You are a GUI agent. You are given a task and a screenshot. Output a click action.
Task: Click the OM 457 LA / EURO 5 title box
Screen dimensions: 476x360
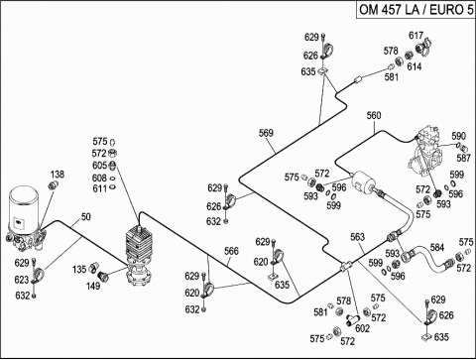pos(416,10)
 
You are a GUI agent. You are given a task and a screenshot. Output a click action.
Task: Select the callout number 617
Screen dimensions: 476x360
pos(416,36)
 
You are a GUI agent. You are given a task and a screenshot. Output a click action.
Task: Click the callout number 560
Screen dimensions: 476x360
pos(374,115)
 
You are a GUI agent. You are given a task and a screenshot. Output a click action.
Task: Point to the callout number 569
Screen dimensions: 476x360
pos(266,133)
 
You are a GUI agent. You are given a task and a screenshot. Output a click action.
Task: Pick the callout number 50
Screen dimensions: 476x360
pos(86,217)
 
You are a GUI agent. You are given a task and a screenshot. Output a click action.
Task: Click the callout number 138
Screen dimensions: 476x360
pos(58,175)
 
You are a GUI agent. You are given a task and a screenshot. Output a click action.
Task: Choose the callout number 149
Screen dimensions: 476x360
pos(93,286)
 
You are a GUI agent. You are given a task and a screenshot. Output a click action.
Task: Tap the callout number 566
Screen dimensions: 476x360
pos(231,251)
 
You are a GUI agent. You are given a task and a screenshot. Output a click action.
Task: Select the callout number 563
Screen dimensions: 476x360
pos(357,237)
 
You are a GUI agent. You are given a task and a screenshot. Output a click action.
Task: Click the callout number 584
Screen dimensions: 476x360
pos(437,247)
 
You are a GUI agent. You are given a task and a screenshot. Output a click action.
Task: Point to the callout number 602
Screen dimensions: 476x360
pos(362,328)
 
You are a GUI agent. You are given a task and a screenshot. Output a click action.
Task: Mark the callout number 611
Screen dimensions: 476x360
pos(99,188)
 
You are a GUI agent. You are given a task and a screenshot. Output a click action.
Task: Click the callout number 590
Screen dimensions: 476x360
pos(458,136)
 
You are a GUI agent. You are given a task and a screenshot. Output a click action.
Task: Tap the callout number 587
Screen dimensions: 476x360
pos(463,158)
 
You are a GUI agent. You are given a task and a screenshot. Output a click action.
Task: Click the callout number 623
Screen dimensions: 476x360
pos(22,280)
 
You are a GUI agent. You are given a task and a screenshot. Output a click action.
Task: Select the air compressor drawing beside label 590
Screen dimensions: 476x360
pos(425,151)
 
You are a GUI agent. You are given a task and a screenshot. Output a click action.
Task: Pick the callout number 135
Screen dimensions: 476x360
pos(79,270)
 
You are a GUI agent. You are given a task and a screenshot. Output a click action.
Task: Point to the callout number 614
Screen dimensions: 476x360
pos(415,66)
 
